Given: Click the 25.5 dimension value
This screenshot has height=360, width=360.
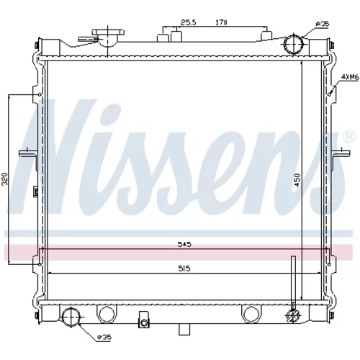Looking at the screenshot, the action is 188,22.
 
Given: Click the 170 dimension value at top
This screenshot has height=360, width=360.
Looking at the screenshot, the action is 221,22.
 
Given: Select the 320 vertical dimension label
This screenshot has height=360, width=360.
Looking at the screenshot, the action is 5,179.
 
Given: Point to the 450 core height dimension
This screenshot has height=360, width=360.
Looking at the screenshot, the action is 297,180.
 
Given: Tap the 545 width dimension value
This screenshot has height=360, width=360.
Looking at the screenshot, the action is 184,245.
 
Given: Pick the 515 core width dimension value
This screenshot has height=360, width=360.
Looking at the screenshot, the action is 184,269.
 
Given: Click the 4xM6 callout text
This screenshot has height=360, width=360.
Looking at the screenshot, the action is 350,77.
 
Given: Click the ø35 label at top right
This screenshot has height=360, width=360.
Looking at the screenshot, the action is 323,24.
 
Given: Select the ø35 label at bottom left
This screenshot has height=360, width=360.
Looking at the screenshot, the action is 104,337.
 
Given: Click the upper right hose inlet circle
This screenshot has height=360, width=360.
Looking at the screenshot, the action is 293,44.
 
